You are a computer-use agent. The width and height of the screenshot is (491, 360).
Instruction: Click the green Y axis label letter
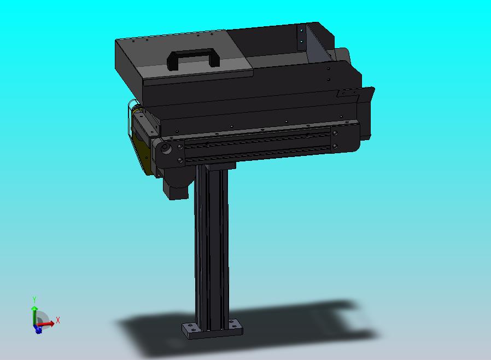(x=34, y=299)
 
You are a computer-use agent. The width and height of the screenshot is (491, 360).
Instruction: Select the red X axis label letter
(x=58, y=320)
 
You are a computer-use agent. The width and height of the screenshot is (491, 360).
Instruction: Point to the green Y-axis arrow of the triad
(x=34, y=316)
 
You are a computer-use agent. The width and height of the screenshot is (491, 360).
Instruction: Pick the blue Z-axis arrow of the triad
(x=38, y=329)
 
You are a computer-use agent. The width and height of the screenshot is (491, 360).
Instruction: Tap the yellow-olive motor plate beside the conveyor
(x=142, y=150)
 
